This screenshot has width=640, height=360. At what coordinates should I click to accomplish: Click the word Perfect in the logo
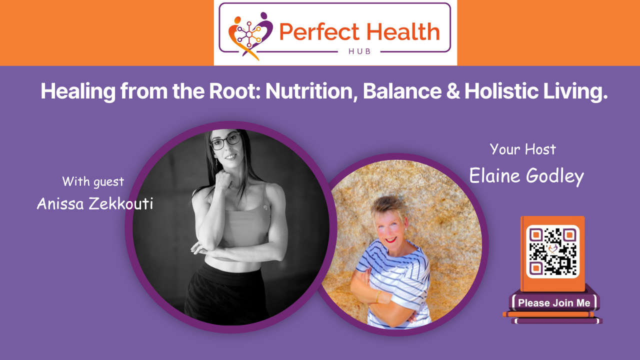tap(319, 32)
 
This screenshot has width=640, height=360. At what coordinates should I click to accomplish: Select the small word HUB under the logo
tap(359, 51)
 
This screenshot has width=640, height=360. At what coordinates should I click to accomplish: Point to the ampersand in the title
tap(453, 91)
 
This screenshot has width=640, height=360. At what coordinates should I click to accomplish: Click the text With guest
tap(93, 181)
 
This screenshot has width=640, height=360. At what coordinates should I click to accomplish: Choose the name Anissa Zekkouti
tap(95, 203)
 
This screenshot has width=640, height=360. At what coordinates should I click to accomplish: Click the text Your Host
tap(523, 149)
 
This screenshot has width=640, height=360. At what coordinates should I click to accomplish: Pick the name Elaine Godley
tap(526, 176)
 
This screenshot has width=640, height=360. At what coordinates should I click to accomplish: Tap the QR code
tap(553, 251)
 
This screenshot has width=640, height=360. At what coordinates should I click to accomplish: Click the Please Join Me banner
tap(554, 303)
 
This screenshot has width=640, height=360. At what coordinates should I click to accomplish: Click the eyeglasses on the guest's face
tap(225, 141)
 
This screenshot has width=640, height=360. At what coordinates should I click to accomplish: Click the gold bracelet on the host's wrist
tap(378, 297)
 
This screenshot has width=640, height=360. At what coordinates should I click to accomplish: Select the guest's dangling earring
tap(216, 162)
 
